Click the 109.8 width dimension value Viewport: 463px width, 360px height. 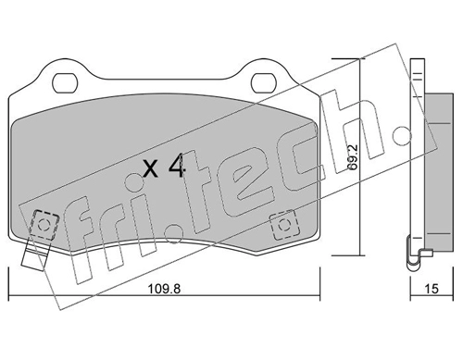[x=164, y=289]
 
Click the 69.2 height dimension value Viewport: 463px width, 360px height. [x=353, y=156]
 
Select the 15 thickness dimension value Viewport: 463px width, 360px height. [x=432, y=289]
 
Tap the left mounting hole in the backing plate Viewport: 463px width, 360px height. [x=64, y=82]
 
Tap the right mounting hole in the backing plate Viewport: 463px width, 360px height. [x=263, y=82]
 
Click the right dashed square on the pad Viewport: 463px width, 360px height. [x=284, y=226]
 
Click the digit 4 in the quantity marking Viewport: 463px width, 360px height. [x=177, y=167]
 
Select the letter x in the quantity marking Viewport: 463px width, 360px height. [x=151, y=169]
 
